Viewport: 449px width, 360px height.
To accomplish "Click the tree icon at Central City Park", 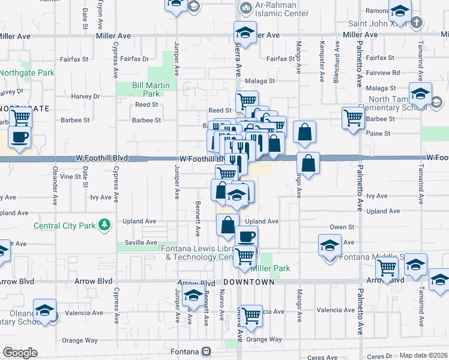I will click(x=106, y=225).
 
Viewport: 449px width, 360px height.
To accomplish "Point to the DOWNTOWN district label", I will click(x=249, y=281).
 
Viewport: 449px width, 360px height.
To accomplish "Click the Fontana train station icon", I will click(x=206, y=351).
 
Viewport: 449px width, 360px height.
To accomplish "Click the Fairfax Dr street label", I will click(x=134, y=59).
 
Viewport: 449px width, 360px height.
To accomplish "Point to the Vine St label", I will click(x=70, y=176).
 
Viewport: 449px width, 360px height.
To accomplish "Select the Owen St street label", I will click(x=342, y=227).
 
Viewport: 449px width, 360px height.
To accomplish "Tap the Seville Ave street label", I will click(x=140, y=242).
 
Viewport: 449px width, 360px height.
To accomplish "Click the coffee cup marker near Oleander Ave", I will click(x=19, y=136).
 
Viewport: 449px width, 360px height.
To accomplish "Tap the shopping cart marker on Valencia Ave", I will click(x=250, y=314).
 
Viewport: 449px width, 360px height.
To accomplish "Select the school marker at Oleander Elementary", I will click(x=44, y=310).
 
